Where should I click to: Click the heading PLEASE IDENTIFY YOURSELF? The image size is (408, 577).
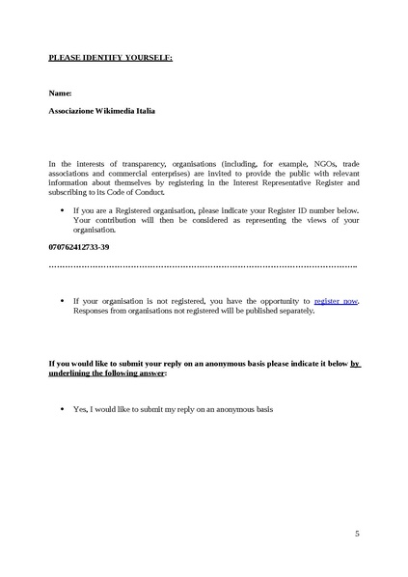[110, 58]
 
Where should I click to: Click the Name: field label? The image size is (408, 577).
[60, 93]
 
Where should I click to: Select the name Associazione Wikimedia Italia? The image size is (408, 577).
[101, 111]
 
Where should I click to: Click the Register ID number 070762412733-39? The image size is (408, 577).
[78, 247]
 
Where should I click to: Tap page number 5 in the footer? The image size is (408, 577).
[356, 533]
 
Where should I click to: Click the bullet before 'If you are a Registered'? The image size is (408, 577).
[63, 209]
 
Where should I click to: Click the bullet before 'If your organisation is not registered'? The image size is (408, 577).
[63, 301]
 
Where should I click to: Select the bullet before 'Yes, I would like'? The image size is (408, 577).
[63, 408]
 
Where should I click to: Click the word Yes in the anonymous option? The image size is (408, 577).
[80, 408]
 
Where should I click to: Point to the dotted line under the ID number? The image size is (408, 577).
[203, 265]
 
